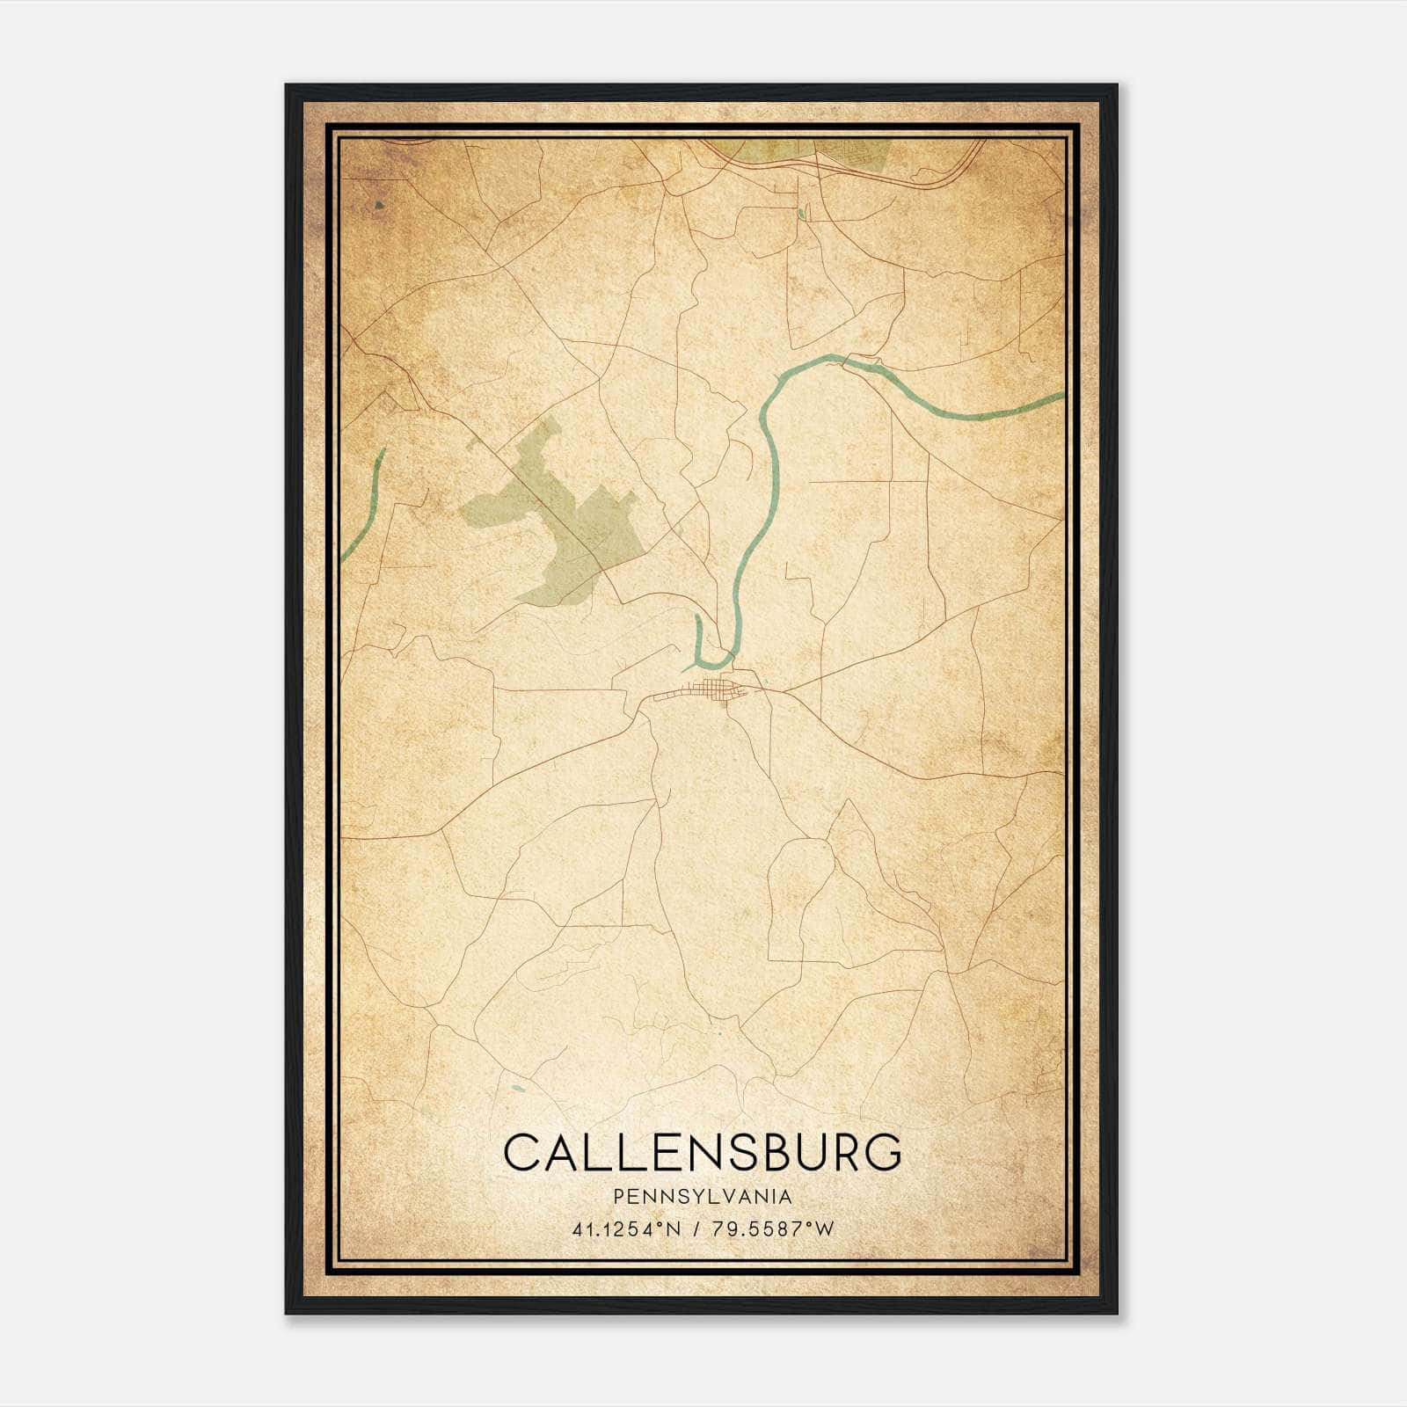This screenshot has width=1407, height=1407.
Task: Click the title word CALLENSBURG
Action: [703, 1152]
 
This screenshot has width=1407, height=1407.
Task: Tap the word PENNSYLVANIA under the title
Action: [703, 1197]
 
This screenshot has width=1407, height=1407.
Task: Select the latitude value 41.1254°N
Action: [626, 1229]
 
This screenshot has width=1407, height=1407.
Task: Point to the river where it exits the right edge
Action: [1055, 397]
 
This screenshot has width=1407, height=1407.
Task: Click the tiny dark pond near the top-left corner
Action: [379, 205]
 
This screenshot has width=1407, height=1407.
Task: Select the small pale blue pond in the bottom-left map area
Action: [516, 1090]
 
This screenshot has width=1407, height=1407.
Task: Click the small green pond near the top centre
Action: [801, 213]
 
